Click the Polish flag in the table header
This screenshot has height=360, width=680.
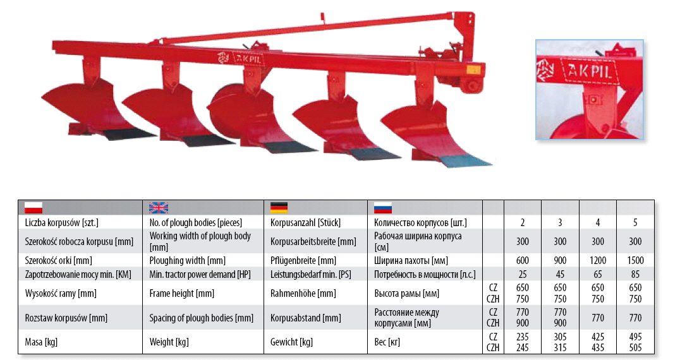[33, 208]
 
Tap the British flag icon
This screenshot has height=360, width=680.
[158, 208]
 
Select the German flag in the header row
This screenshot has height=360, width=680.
[279, 208]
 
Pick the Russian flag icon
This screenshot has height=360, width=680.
[383, 208]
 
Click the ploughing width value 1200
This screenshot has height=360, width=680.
[598, 260]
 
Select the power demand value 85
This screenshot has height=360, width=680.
[635, 274]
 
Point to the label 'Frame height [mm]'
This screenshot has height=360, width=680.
[182, 293]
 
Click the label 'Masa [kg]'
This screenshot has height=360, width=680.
[41, 342]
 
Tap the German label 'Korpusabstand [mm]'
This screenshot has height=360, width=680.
[306, 318]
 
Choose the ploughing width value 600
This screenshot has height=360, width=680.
[523, 260]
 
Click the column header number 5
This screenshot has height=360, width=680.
[635, 222]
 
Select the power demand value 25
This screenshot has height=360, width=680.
[523, 274]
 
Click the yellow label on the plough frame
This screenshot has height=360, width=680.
[473, 69]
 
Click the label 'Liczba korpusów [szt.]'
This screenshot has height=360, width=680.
[61, 222]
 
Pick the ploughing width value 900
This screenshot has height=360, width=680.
[560, 260]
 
